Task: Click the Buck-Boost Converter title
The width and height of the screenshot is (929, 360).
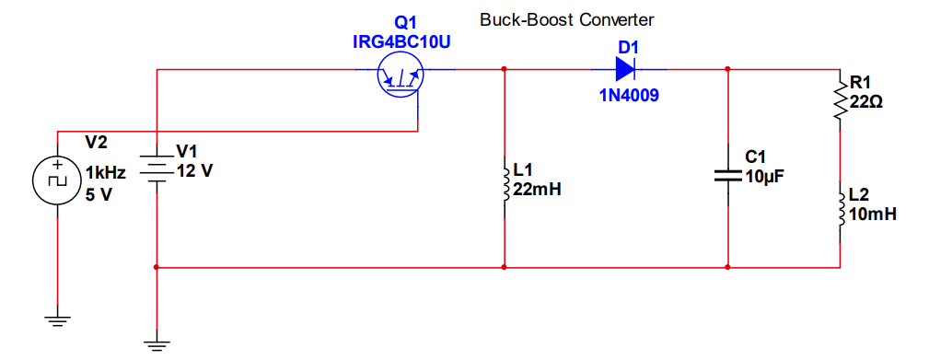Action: click(x=566, y=19)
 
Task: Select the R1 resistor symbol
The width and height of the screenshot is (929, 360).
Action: click(x=840, y=101)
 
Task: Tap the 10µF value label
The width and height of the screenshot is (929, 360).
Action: click(x=764, y=177)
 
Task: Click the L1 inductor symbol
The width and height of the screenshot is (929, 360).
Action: click(x=505, y=181)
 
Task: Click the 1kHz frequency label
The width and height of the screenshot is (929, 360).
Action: click(x=105, y=173)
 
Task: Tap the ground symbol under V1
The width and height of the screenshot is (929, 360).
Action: click(x=157, y=344)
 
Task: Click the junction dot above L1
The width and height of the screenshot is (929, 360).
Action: click(x=505, y=69)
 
